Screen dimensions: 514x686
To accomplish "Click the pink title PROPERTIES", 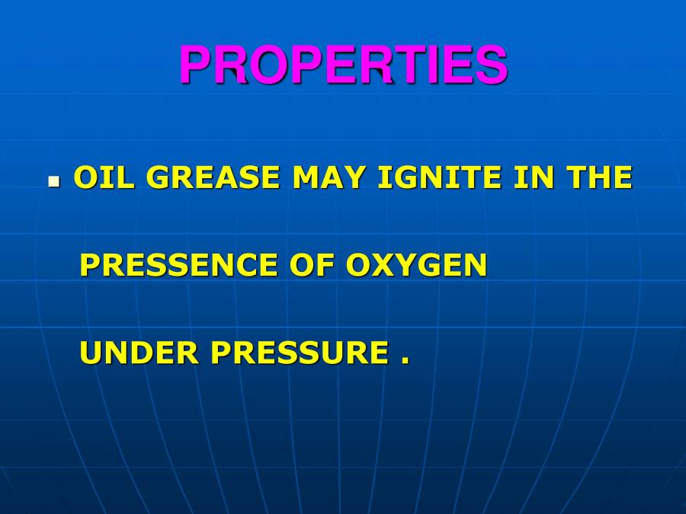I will [343, 65].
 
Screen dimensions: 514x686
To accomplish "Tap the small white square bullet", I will [54, 183].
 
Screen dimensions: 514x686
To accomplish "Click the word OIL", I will [101, 178].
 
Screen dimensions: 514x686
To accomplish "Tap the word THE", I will [599, 178].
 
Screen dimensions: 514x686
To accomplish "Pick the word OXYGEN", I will [416, 265].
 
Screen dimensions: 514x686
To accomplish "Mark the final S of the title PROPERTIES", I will [492, 65].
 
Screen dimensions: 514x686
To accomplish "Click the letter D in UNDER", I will [140, 353].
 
